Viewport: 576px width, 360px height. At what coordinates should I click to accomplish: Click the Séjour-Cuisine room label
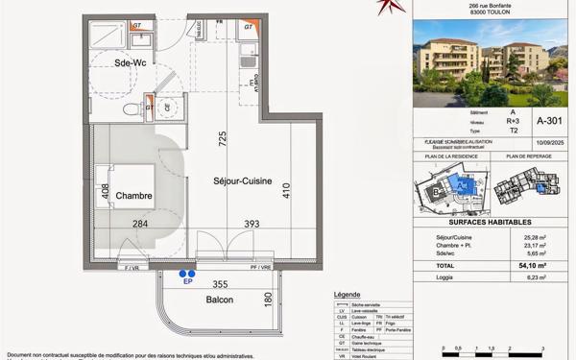243,180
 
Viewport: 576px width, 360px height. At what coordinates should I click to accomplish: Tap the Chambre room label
134,196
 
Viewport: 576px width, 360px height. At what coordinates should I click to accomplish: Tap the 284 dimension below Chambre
140,225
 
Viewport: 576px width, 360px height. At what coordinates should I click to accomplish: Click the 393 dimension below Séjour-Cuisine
252,225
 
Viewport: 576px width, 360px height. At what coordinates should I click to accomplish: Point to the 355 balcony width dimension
220,284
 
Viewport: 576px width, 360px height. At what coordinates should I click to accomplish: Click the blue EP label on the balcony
188,282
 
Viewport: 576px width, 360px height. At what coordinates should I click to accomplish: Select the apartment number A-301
549,122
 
